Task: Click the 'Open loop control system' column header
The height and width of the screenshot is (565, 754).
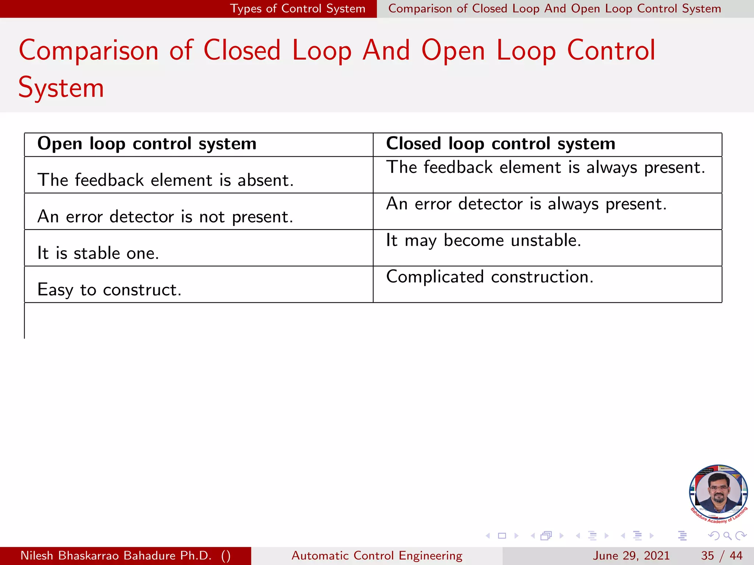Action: point(147,144)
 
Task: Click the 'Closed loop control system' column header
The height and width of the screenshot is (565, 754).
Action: point(500,144)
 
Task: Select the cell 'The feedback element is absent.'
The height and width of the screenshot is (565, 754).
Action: point(165,180)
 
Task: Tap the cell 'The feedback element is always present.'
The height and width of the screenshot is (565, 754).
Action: point(545,168)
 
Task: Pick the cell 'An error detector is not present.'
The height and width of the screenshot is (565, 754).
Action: point(165,217)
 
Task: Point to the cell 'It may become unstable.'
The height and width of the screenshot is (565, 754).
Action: point(483,241)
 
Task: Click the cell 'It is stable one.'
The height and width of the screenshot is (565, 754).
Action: point(98,253)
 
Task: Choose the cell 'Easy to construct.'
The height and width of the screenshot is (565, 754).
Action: point(109,290)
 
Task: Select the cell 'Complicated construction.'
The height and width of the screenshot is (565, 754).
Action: point(490,277)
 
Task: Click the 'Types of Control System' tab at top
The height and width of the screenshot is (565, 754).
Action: point(297,8)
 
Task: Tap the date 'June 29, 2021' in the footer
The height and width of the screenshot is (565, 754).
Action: point(631,555)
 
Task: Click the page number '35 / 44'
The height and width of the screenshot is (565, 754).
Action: point(722,555)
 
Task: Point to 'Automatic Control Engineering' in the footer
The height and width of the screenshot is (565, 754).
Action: point(377,555)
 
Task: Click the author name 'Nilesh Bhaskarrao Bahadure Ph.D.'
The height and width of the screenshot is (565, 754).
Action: point(116,555)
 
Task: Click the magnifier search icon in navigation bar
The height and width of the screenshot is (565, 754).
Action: point(727,536)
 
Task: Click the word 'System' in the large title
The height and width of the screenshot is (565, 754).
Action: point(61,88)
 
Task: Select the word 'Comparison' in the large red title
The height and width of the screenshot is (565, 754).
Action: point(88,51)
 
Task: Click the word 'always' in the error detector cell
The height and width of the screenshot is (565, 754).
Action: point(573,205)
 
